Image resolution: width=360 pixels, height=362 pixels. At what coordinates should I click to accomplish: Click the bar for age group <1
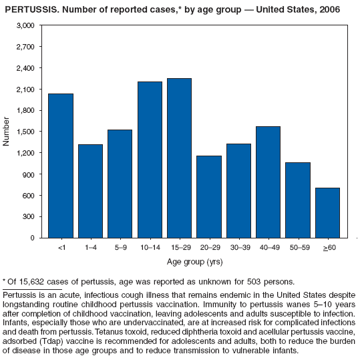coord(61,166)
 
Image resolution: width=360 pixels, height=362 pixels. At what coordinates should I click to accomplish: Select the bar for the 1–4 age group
coord(90,191)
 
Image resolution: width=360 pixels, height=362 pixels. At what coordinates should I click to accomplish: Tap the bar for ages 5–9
coord(120,184)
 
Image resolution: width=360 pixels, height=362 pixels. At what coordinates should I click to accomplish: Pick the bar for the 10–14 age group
coord(150,160)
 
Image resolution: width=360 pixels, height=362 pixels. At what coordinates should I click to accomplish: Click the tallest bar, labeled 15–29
coord(179,158)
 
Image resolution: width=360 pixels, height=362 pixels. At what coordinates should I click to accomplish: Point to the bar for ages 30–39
coord(238,190)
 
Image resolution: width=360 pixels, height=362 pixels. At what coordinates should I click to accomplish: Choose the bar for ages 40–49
coord(268,182)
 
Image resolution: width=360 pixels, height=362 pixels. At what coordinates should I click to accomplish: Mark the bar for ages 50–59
coord(297,200)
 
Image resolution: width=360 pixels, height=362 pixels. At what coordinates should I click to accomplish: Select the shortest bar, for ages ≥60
coord(327,212)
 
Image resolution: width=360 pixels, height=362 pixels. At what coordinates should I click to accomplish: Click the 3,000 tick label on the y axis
coord(25,25)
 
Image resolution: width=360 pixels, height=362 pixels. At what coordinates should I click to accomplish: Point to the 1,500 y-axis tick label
coord(25,132)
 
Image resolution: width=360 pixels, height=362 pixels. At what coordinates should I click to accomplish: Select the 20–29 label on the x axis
coord(208,247)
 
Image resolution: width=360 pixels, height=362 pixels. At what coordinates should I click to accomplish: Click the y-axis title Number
coord(7,132)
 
